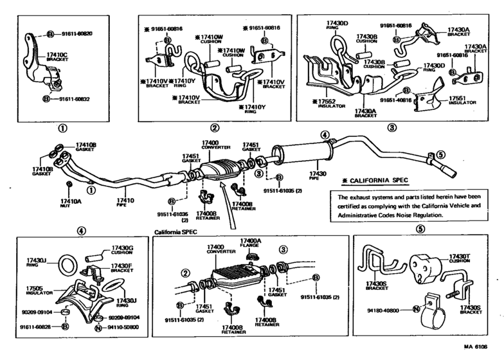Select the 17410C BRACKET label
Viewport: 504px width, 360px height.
57,66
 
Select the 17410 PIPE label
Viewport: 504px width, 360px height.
125,203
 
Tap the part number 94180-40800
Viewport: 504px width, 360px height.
393,309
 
